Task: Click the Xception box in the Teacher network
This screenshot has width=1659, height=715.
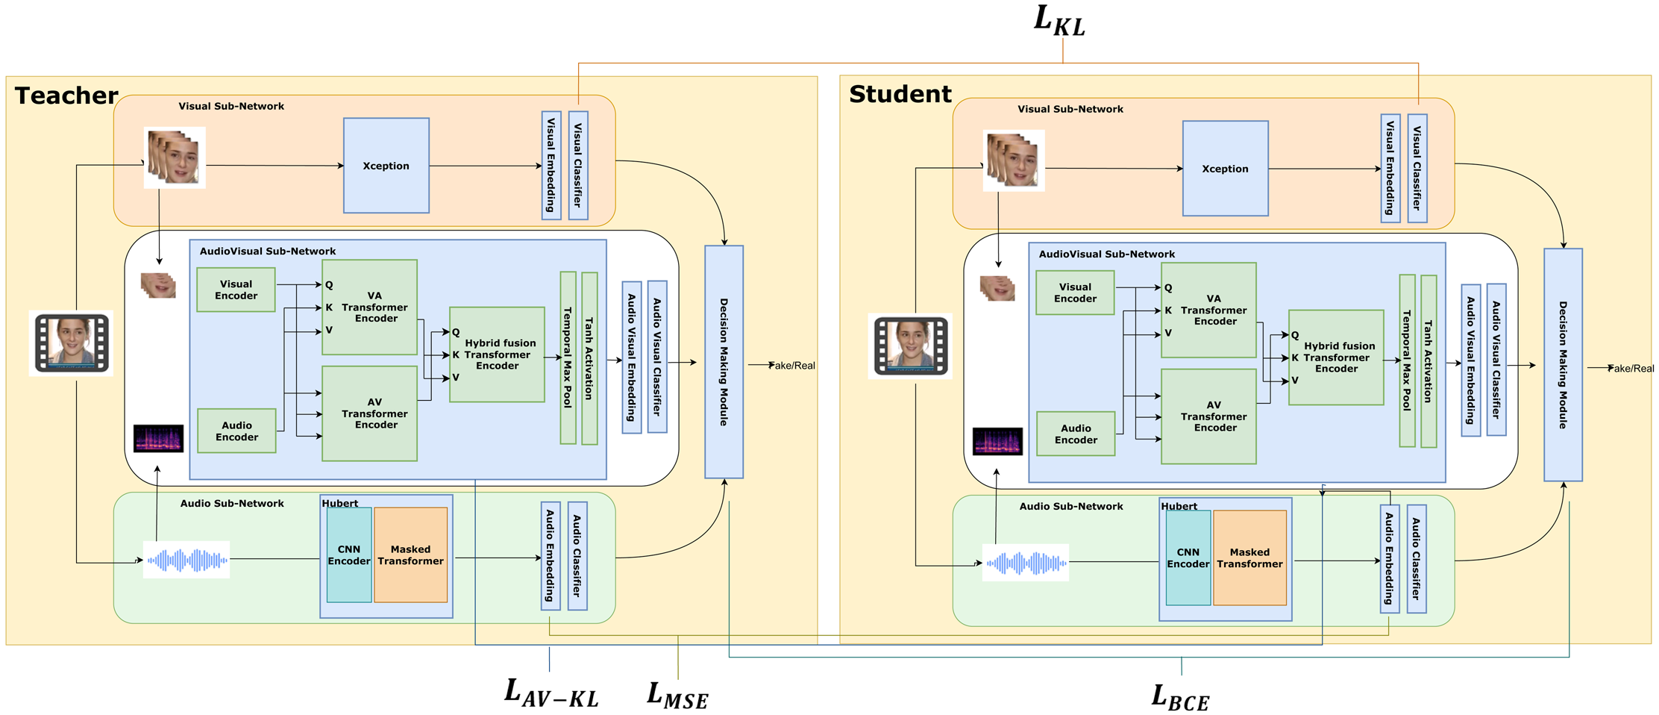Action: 386,166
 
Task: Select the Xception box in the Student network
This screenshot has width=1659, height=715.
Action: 1225,169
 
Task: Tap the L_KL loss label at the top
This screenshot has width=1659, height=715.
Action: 1059,21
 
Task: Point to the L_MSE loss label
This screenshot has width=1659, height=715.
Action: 677,695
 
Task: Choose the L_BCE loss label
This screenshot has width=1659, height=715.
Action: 1180,696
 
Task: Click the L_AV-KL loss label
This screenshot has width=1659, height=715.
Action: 551,692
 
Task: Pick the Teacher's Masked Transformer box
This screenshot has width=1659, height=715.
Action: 410,555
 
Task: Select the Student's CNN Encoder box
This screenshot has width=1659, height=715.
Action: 1188,558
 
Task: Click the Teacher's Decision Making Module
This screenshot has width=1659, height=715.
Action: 724,362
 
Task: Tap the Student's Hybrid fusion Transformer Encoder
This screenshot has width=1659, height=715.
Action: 1336,357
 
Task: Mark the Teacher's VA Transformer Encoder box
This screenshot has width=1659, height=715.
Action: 369,307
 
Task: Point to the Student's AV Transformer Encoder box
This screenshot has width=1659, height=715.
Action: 1208,416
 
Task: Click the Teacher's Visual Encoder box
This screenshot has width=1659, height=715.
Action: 236,290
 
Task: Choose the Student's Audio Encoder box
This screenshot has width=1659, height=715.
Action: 1075,434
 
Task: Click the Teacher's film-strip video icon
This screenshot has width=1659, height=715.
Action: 72,343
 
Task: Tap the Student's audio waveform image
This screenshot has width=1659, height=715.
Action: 1026,563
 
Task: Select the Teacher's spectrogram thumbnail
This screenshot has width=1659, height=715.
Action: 158,438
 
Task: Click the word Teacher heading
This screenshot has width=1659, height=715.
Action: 66,96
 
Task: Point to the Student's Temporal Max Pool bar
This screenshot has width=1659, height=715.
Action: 1407,361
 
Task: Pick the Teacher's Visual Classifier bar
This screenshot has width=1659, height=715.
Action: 578,165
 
